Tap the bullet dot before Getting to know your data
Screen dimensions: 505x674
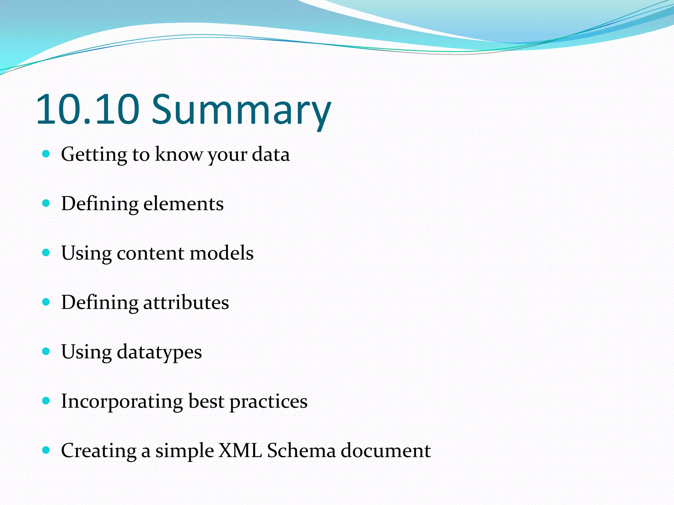pos(46,154)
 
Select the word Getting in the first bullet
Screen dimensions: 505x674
pos(94,155)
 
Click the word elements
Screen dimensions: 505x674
pos(183,204)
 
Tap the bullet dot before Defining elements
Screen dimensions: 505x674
pos(46,203)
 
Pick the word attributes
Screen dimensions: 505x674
pos(186,302)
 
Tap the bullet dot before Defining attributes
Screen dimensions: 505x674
pos(46,302)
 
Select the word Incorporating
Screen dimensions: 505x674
pos(122,401)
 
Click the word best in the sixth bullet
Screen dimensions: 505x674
pos(206,401)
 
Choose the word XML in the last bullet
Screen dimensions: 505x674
pos(240,450)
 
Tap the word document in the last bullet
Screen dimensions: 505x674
pos(385,450)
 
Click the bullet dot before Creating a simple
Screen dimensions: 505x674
pos(46,450)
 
